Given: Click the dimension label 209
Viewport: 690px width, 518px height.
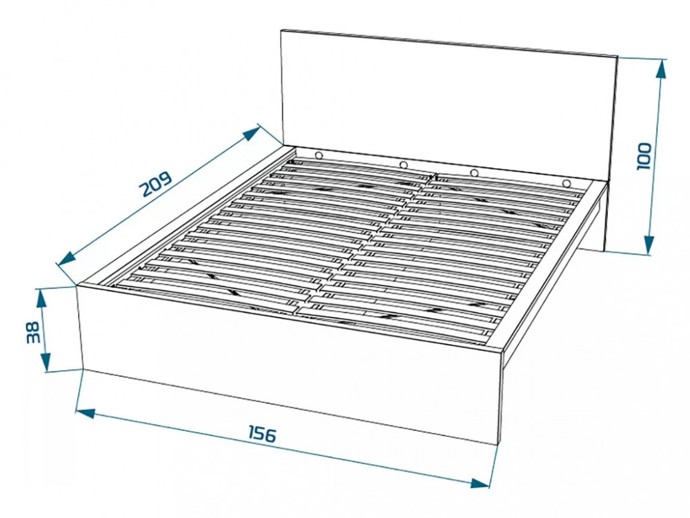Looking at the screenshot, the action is [x=156, y=184].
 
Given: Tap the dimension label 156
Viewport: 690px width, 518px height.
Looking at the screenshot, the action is [x=263, y=434].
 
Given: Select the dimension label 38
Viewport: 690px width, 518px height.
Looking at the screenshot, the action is [x=33, y=333].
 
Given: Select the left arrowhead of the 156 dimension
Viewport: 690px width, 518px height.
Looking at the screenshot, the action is [x=86, y=413].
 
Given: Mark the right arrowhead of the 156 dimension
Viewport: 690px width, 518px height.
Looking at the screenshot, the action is [x=480, y=483].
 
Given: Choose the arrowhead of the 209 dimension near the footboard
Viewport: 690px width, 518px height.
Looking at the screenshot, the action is [x=67, y=259].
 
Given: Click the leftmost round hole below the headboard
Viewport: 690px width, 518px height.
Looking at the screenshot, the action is [x=318, y=155].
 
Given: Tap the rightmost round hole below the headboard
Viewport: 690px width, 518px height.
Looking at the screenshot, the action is [x=566, y=183].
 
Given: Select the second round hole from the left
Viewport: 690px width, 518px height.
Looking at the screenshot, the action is [x=403, y=165].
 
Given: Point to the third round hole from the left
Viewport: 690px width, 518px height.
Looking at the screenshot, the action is [x=474, y=173].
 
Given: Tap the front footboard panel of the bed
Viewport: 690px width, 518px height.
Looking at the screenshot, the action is [x=290, y=361].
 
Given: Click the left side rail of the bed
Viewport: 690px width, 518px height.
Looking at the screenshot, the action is [x=185, y=215].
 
